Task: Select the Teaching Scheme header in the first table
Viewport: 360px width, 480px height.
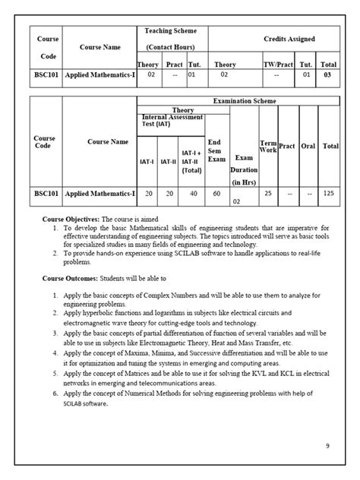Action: point(171,30)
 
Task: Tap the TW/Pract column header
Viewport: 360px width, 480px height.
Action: point(277,65)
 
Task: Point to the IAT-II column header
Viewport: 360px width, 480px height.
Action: point(168,161)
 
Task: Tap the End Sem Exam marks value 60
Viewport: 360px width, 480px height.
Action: point(216,194)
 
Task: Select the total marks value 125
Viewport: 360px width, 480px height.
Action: point(330,194)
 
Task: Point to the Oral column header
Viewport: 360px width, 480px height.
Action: point(308,146)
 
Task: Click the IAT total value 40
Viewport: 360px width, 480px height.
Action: point(190,194)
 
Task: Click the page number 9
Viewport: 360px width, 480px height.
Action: point(327,446)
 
